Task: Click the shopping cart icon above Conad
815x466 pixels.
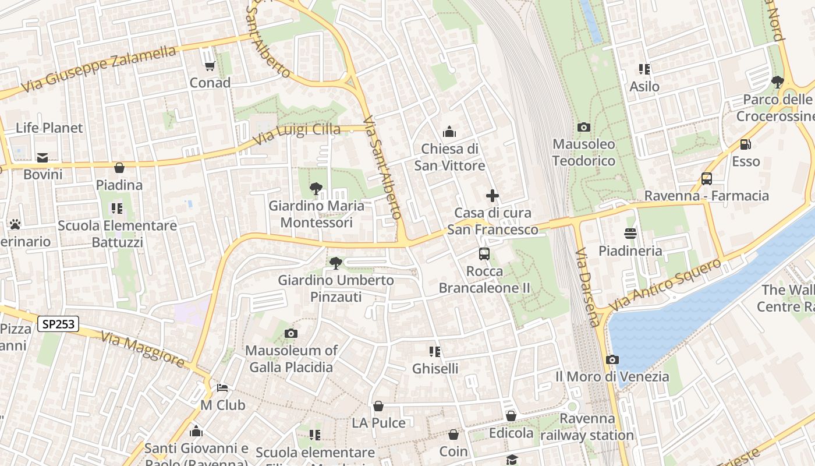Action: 210,66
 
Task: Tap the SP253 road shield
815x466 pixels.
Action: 58,324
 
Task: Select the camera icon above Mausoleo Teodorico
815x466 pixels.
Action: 583,127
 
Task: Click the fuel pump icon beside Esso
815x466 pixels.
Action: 745,144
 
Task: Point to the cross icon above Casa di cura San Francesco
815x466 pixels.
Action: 492,196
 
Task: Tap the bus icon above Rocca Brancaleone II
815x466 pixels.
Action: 484,254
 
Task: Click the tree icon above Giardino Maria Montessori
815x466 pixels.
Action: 316,188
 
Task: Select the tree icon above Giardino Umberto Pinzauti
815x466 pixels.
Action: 335,263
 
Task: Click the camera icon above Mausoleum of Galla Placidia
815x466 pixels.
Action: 290,333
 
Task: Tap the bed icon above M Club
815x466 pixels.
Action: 222,388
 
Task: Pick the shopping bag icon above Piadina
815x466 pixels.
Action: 119,168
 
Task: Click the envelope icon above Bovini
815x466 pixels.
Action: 42,157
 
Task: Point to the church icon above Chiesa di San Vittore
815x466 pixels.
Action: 449,132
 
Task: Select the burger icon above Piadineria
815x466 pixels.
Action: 630,234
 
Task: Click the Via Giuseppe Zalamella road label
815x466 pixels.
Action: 99,69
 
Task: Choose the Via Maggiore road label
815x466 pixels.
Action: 142,349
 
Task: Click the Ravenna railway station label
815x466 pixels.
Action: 587,427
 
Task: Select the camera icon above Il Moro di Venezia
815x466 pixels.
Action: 612,359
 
